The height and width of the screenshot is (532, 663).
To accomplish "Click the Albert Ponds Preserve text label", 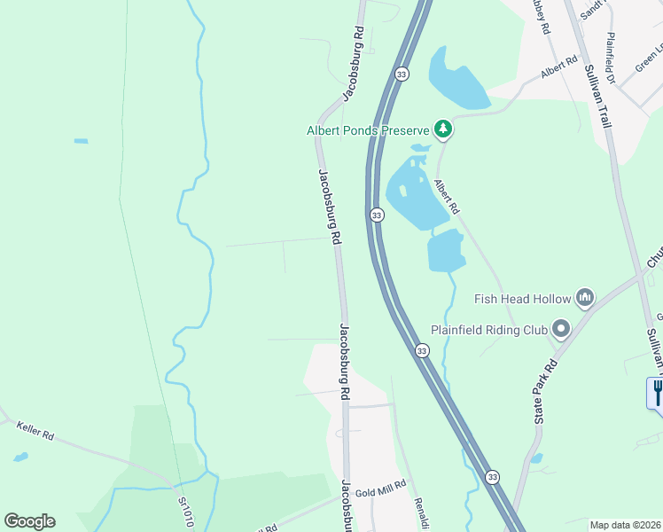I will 368,130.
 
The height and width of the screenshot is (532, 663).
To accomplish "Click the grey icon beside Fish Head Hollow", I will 584,297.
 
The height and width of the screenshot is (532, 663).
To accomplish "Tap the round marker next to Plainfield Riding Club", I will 560,330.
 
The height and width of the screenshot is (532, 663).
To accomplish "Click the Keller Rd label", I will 35,432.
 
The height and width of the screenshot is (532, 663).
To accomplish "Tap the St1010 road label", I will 185,512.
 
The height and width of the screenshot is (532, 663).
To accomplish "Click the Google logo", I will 29,521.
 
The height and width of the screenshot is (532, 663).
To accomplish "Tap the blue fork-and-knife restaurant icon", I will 657,392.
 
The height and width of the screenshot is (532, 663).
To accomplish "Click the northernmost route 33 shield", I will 402,73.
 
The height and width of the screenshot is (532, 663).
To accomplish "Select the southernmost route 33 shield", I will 492,477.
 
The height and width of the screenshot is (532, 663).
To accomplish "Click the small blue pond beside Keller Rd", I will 19,458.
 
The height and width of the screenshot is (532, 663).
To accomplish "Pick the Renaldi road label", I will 422,512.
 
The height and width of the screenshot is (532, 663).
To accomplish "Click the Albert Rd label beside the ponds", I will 446,197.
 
